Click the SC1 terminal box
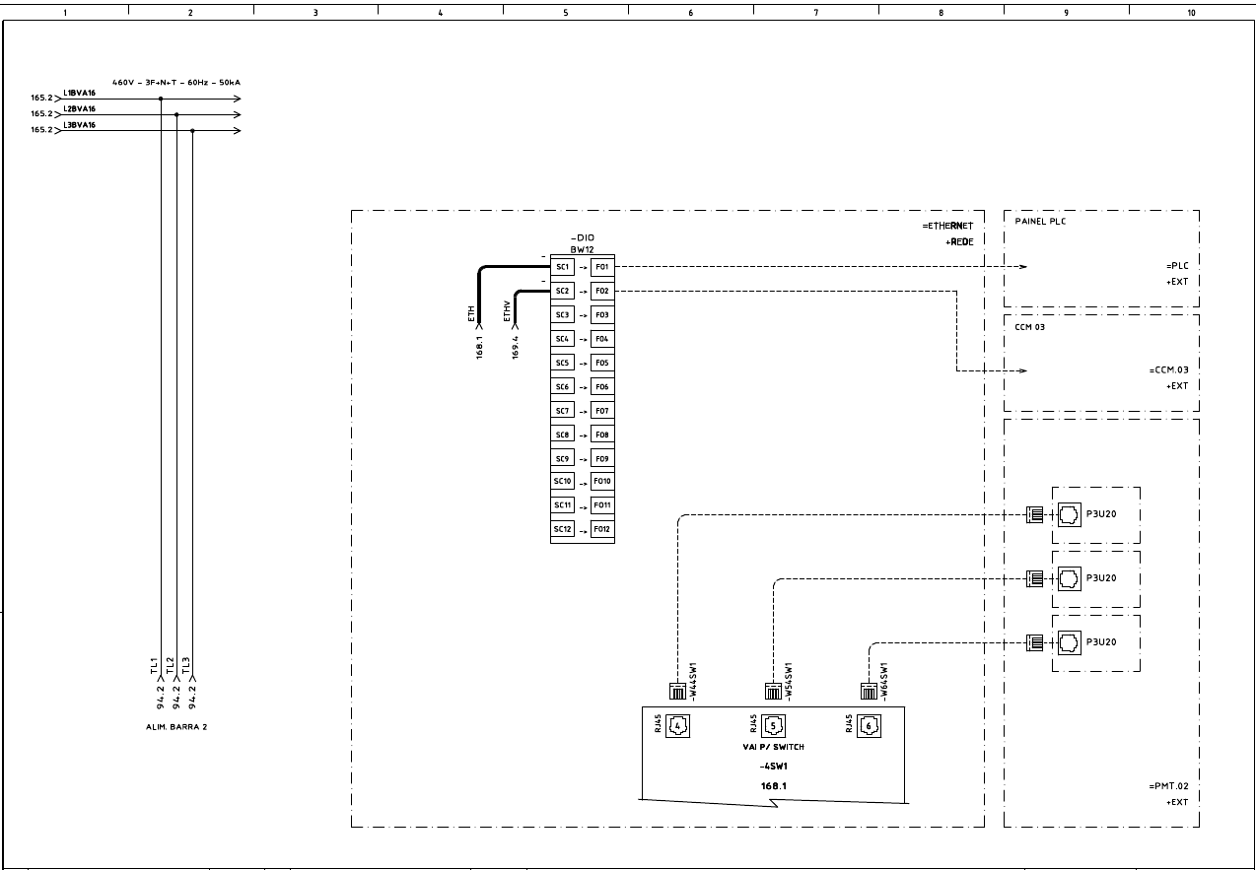(x=562, y=267)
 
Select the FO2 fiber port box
(x=601, y=292)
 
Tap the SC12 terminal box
(x=562, y=529)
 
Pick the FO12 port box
(x=601, y=529)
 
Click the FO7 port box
(x=601, y=411)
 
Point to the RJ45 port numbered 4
(x=678, y=727)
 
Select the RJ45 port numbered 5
(x=775, y=727)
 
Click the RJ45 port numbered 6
(x=870, y=727)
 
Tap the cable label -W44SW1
(x=693, y=681)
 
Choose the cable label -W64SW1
(x=884, y=681)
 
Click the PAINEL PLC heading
(x=1040, y=222)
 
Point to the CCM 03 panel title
(x=1030, y=326)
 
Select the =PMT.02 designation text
(x=1168, y=786)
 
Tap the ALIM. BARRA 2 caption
(x=175, y=726)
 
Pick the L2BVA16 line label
(x=79, y=109)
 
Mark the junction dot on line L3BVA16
(x=192, y=130)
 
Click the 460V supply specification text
(x=175, y=83)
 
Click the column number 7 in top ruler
(x=815, y=13)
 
